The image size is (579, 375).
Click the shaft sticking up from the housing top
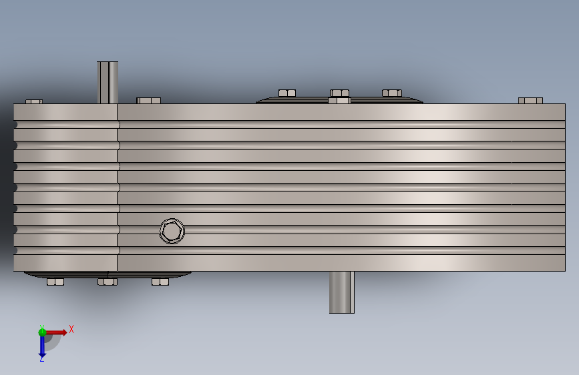tap(108, 82)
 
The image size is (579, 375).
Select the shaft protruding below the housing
tap(341, 292)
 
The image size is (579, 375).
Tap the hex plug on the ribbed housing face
tap(172, 231)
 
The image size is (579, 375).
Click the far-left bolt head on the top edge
tap(34, 101)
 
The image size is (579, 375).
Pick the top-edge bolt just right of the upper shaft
tap(148, 100)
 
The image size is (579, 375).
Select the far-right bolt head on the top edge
tap(530, 100)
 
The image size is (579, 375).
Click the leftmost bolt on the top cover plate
tap(287, 93)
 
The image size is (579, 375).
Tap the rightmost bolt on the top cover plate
tap(392, 93)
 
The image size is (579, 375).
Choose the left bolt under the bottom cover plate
tap(55, 282)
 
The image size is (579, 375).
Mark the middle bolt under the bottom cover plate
tap(108, 282)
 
